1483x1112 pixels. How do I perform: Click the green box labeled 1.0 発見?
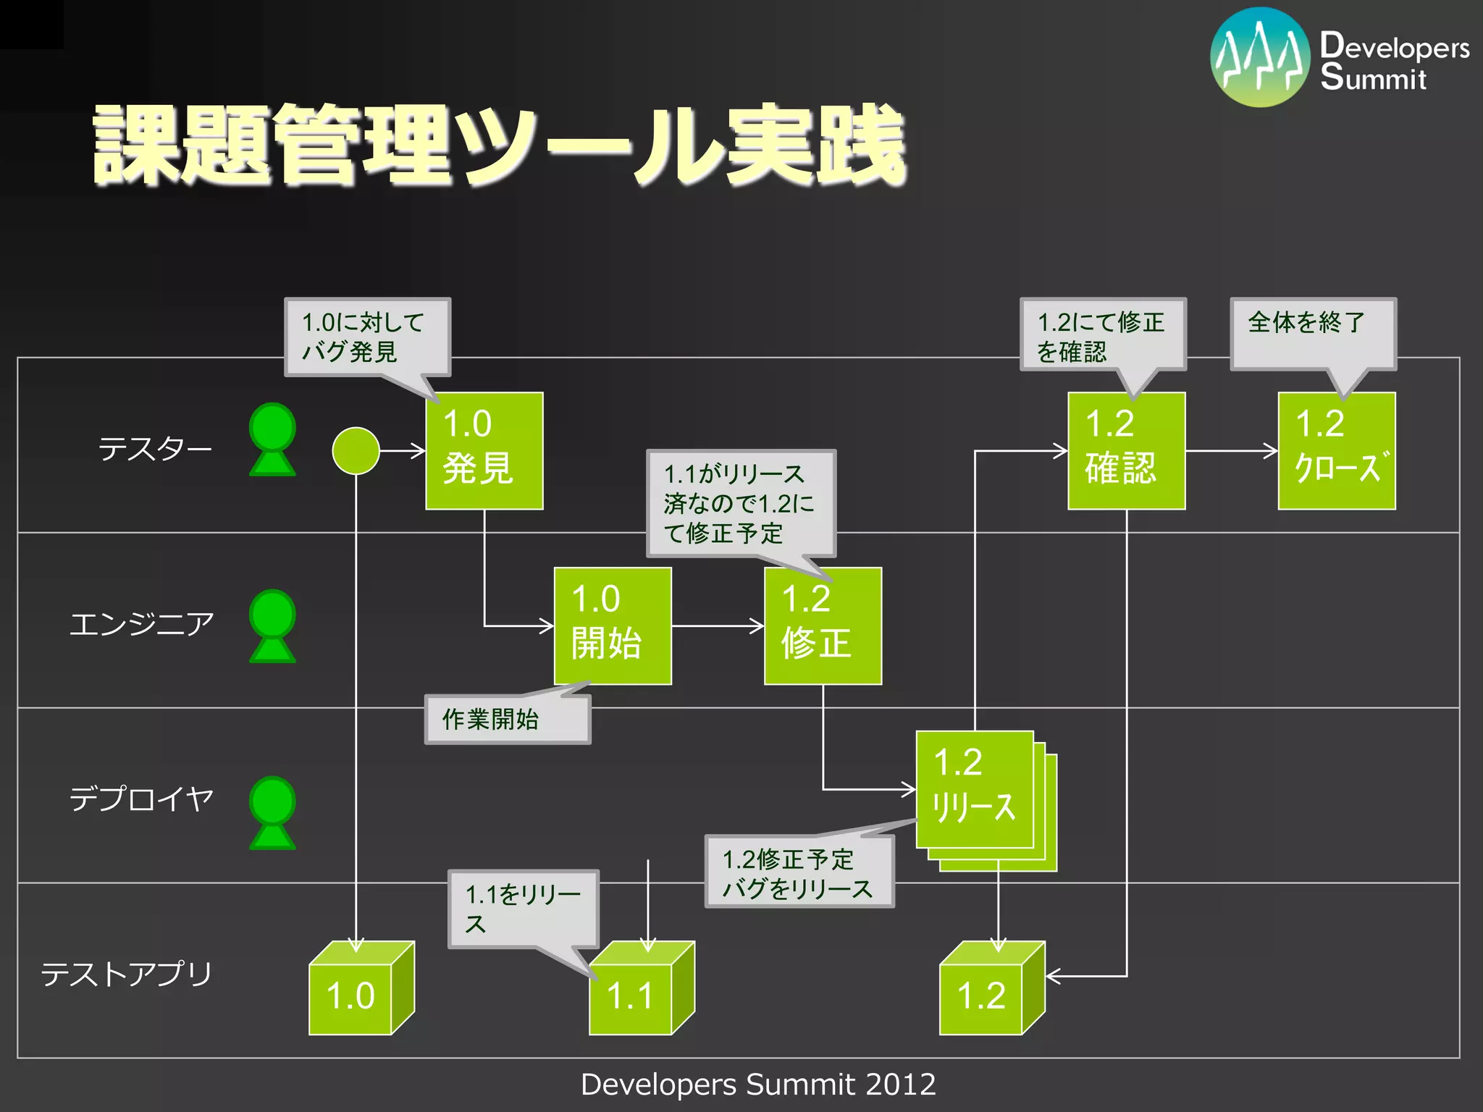484,450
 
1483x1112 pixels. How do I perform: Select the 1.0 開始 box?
612,625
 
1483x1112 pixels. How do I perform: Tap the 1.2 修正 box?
823,625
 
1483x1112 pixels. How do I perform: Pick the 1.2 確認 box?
1126,450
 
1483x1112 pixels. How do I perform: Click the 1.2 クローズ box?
1336,450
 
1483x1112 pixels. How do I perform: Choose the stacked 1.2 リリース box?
975,789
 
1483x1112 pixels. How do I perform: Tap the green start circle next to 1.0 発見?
356,450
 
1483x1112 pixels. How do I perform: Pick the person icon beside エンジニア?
272,625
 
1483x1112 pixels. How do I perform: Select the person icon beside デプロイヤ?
272,812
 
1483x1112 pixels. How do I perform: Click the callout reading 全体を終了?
1313,333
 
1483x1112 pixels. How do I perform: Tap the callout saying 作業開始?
507,719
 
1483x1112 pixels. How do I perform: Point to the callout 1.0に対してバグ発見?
367,337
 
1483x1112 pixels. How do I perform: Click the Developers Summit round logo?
1260,57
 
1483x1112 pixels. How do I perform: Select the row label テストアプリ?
127,974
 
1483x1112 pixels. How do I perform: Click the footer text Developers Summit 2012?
758,1084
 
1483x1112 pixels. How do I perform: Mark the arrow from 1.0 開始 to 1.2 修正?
717,625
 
